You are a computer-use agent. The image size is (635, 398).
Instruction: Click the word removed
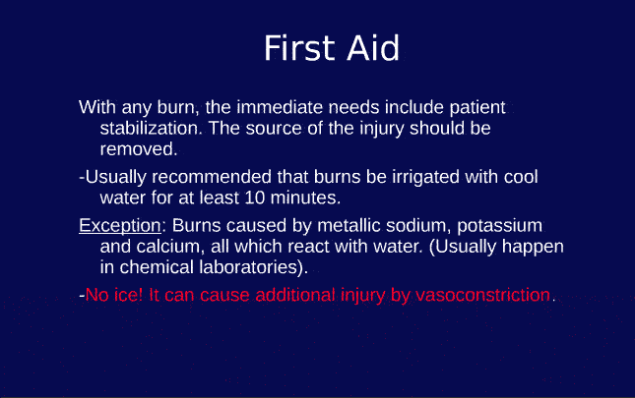(138, 149)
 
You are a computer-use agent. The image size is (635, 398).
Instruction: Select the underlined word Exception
(119, 225)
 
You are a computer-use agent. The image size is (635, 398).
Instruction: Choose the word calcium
(164, 246)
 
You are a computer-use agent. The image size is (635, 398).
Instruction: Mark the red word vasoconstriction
(482, 295)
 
